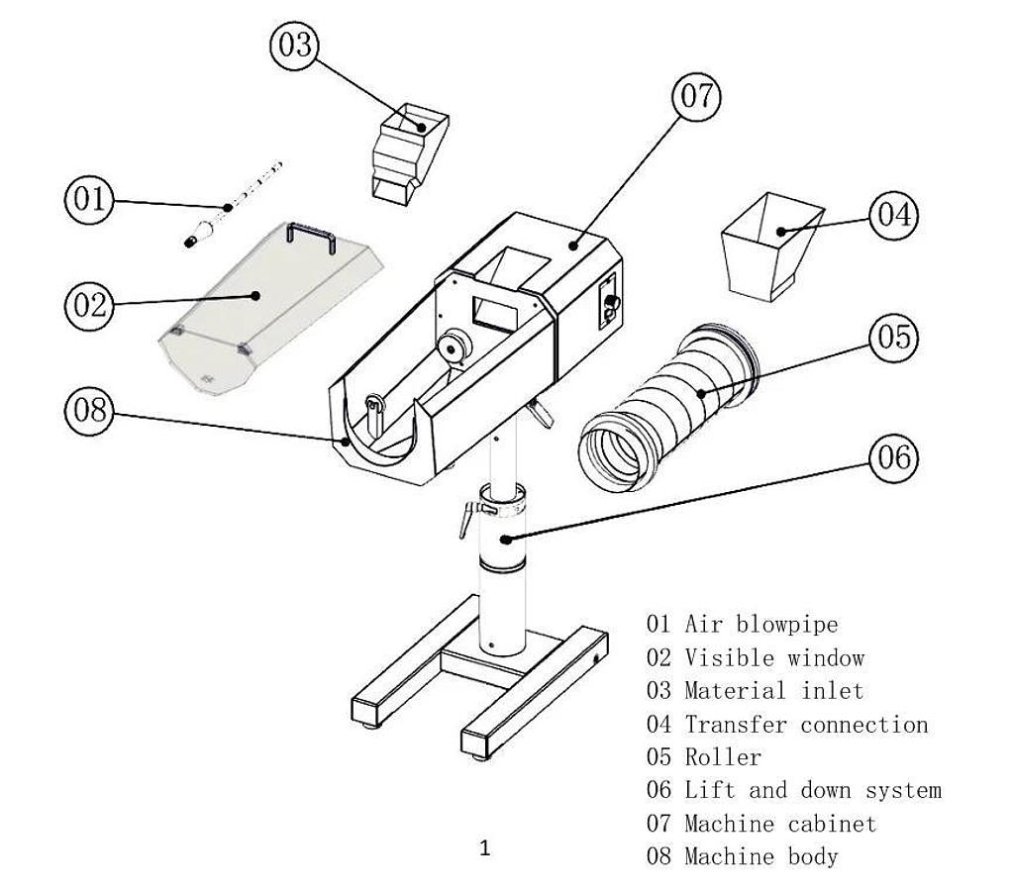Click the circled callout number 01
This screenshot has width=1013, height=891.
(x=89, y=199)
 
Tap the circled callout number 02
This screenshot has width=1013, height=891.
(x=89, y=304)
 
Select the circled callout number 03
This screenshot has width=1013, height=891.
(x=294, y=47)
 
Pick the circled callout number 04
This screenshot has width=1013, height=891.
(x=893, y=215)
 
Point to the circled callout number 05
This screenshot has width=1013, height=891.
(x=893, y=338)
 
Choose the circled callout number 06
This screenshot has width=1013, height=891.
(x=893, y=457)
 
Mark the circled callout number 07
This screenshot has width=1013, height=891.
(x=696, y=96)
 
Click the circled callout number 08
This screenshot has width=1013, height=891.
(x=89, y=409)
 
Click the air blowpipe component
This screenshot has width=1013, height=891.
(x=233, y=205)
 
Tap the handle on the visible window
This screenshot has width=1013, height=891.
(x=309, y=236)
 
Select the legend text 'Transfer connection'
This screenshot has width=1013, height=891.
(x=806, y=725)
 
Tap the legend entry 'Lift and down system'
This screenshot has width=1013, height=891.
(x=812, y=790)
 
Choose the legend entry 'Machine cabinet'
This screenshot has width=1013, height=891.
(x=780, y=824)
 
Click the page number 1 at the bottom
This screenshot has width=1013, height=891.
(x=484, y=848)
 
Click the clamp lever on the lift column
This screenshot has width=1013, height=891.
(x=467, y=518)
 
